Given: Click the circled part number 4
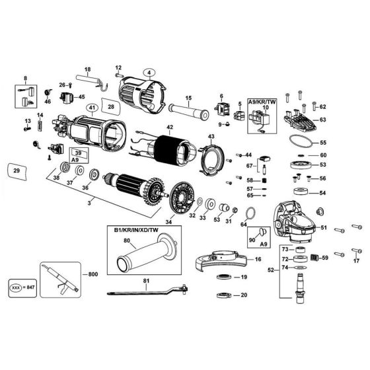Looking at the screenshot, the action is (x=149, y=73).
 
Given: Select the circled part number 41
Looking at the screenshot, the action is (x=92, y=108).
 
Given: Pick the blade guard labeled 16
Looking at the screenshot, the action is (x=222, y=260).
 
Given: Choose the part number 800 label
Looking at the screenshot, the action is (x=93, y=274).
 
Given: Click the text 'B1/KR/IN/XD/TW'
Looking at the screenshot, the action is (x=136, y=230).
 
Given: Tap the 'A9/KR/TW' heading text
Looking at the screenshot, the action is (x=262, y=102).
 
